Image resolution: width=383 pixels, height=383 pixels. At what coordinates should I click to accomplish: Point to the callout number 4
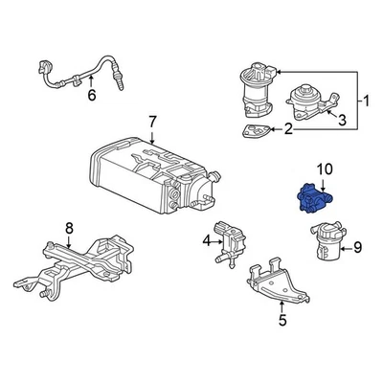pyautogui.click(x=206, y=242)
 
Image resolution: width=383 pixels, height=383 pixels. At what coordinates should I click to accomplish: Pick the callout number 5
pyautogui.click(x=282, y=321)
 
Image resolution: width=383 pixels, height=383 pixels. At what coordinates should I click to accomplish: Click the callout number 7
pyautogui.click(x=150, y=122)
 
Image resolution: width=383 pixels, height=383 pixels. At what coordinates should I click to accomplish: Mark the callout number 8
pyautogui.click(x=68, y=227)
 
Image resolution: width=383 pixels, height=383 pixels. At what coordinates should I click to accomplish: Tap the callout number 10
pyautogui.click(x=325, y=169)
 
